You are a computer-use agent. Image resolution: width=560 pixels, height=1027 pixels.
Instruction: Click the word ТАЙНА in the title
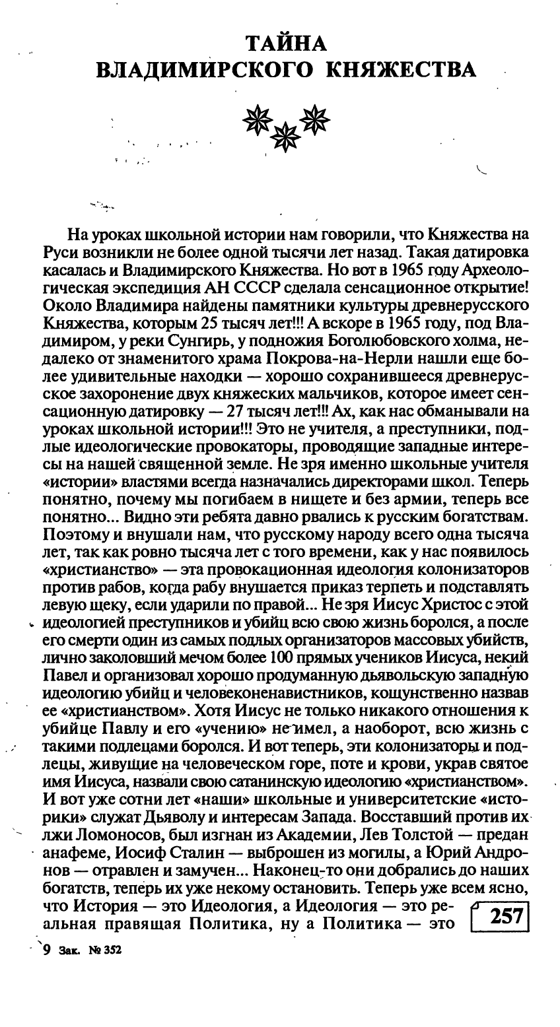(x=285, y=44)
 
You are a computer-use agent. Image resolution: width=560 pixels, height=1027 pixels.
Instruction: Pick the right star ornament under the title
(x=315, y=117)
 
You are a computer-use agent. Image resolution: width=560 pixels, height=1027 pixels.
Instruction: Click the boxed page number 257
(x=501, y=918)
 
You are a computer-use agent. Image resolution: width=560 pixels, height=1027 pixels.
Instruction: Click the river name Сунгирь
(x=211, y=341)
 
